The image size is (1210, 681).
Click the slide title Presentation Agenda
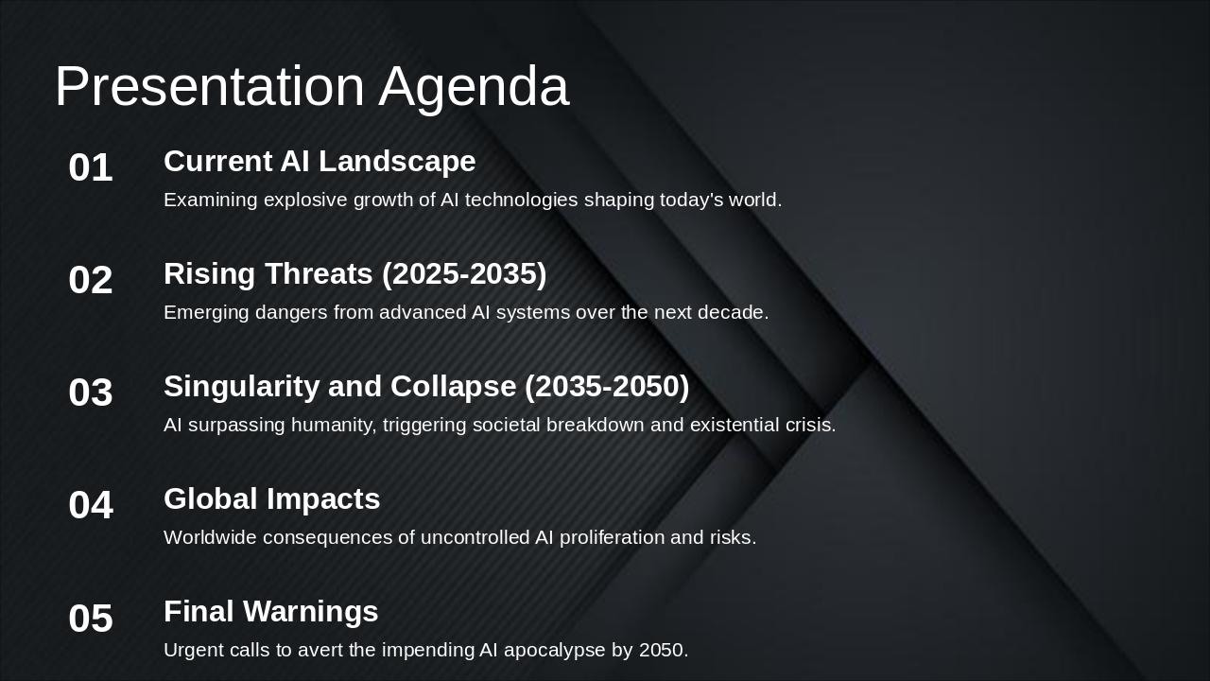pyautogui.click(x=312, y=86)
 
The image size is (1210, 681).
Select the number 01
pyautogui.click(x=91, y=168)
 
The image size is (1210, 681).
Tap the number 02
pyautogui.click(x=91, y=281)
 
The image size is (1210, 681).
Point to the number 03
pyautogui.click(x=91, y=393)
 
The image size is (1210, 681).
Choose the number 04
pyautogui.click(x=91, y=506)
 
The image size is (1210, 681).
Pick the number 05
pyautogui.click(x=91, y=620)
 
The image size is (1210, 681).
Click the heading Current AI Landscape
pyautogui.click(x=320, y=162)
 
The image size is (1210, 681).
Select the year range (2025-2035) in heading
pyautogui.click(x=464, y=274)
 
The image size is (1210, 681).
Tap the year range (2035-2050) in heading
pyautogui.click(x=607, y=387)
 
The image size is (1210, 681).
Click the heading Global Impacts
pyautogui.click(x=271, y=499)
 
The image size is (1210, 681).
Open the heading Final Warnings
pyautogui.click(x=270, y=612)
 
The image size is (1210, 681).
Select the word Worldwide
pyautogui.click(x=210, y=538)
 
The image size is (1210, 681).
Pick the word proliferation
pyautogui.click(x=612, y=538)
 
